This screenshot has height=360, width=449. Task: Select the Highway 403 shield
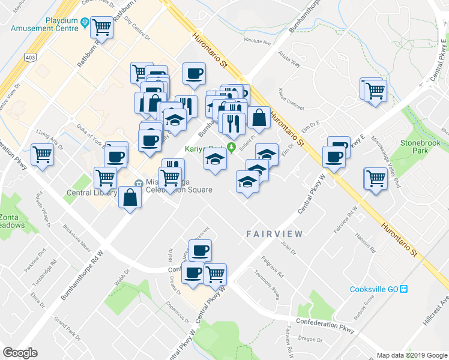(29, 57)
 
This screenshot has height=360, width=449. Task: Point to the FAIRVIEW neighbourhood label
(274, 233)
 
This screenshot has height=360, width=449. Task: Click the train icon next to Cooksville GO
(404, 289)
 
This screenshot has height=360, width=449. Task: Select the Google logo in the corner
(20, 352)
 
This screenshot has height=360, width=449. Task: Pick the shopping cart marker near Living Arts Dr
(42, 154)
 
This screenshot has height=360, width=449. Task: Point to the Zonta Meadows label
(12, 221)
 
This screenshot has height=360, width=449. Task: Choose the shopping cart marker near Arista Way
(375, 91)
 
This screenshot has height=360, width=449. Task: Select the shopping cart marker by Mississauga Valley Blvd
(375, 178)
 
